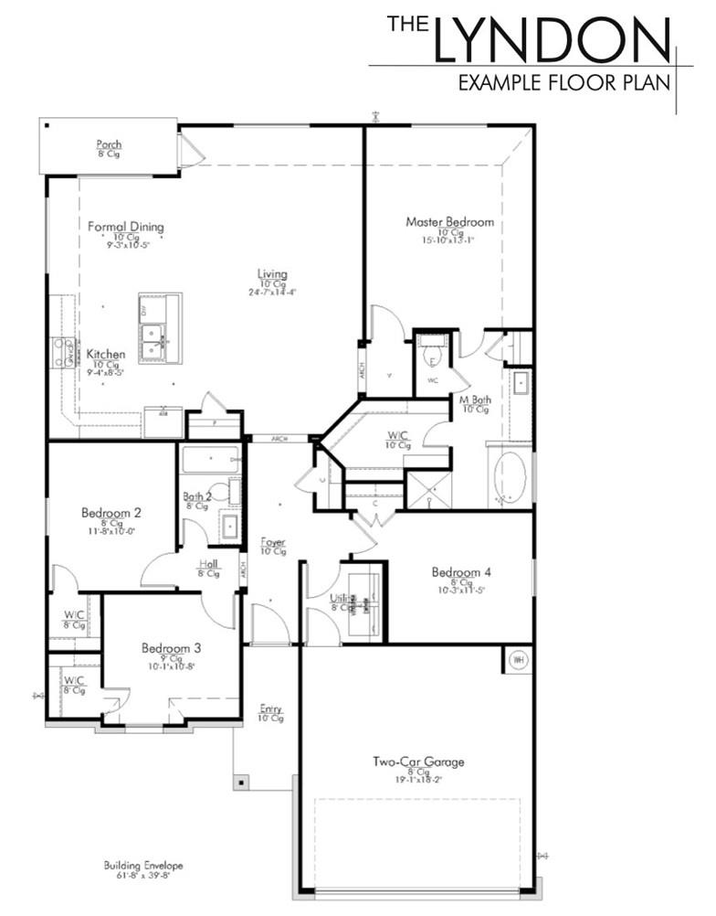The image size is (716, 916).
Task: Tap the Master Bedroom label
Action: click(x=449, y=222)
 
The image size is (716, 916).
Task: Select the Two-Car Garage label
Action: click(x=418, y=761)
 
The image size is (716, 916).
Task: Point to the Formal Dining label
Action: click(x=126, y=227)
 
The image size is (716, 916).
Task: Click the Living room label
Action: click(x=272, y=274)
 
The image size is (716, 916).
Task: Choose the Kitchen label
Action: click(x=106, y=355)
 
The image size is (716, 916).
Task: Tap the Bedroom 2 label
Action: click(x=111, y=513)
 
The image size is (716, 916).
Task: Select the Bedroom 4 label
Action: click(x=461, y=572)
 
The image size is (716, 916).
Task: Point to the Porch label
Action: click(x=110, y=144)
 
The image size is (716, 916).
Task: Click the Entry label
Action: click(x=270, y=709)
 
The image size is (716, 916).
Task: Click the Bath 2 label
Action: click(x=197, y=496)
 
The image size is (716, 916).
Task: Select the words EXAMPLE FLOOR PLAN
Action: click(x=563, y=83)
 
